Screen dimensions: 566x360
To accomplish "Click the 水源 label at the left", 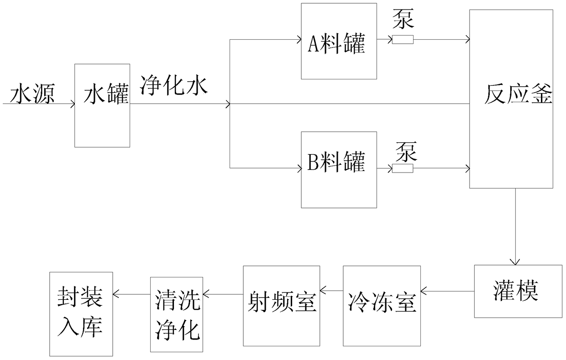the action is coord(32,94).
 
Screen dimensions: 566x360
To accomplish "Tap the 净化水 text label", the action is coord(174,86).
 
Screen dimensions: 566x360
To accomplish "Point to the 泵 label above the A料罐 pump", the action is coord(404,19).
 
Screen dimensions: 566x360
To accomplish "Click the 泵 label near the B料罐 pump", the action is coord(406,151).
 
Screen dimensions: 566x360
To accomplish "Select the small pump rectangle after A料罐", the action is coord(403,39).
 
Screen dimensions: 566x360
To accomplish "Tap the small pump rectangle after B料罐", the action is coord(403,168).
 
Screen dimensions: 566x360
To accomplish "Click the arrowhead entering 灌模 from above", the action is coord(515,262).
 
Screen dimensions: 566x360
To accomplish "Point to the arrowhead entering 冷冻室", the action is coord(423,291).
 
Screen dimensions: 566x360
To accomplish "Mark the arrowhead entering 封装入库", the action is coord(115,294).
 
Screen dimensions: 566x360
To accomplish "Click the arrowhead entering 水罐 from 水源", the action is coord(72,104).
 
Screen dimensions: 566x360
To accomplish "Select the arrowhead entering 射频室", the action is coord(322,291).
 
